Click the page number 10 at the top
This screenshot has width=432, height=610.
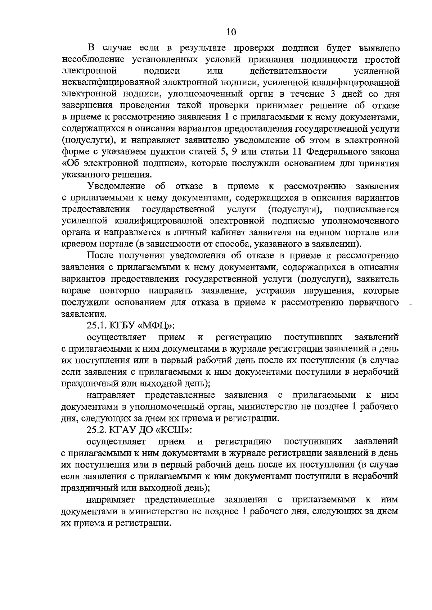(231, 32)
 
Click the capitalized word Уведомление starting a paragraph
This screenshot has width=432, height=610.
(116, 186)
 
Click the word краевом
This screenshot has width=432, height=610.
(79, 244)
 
